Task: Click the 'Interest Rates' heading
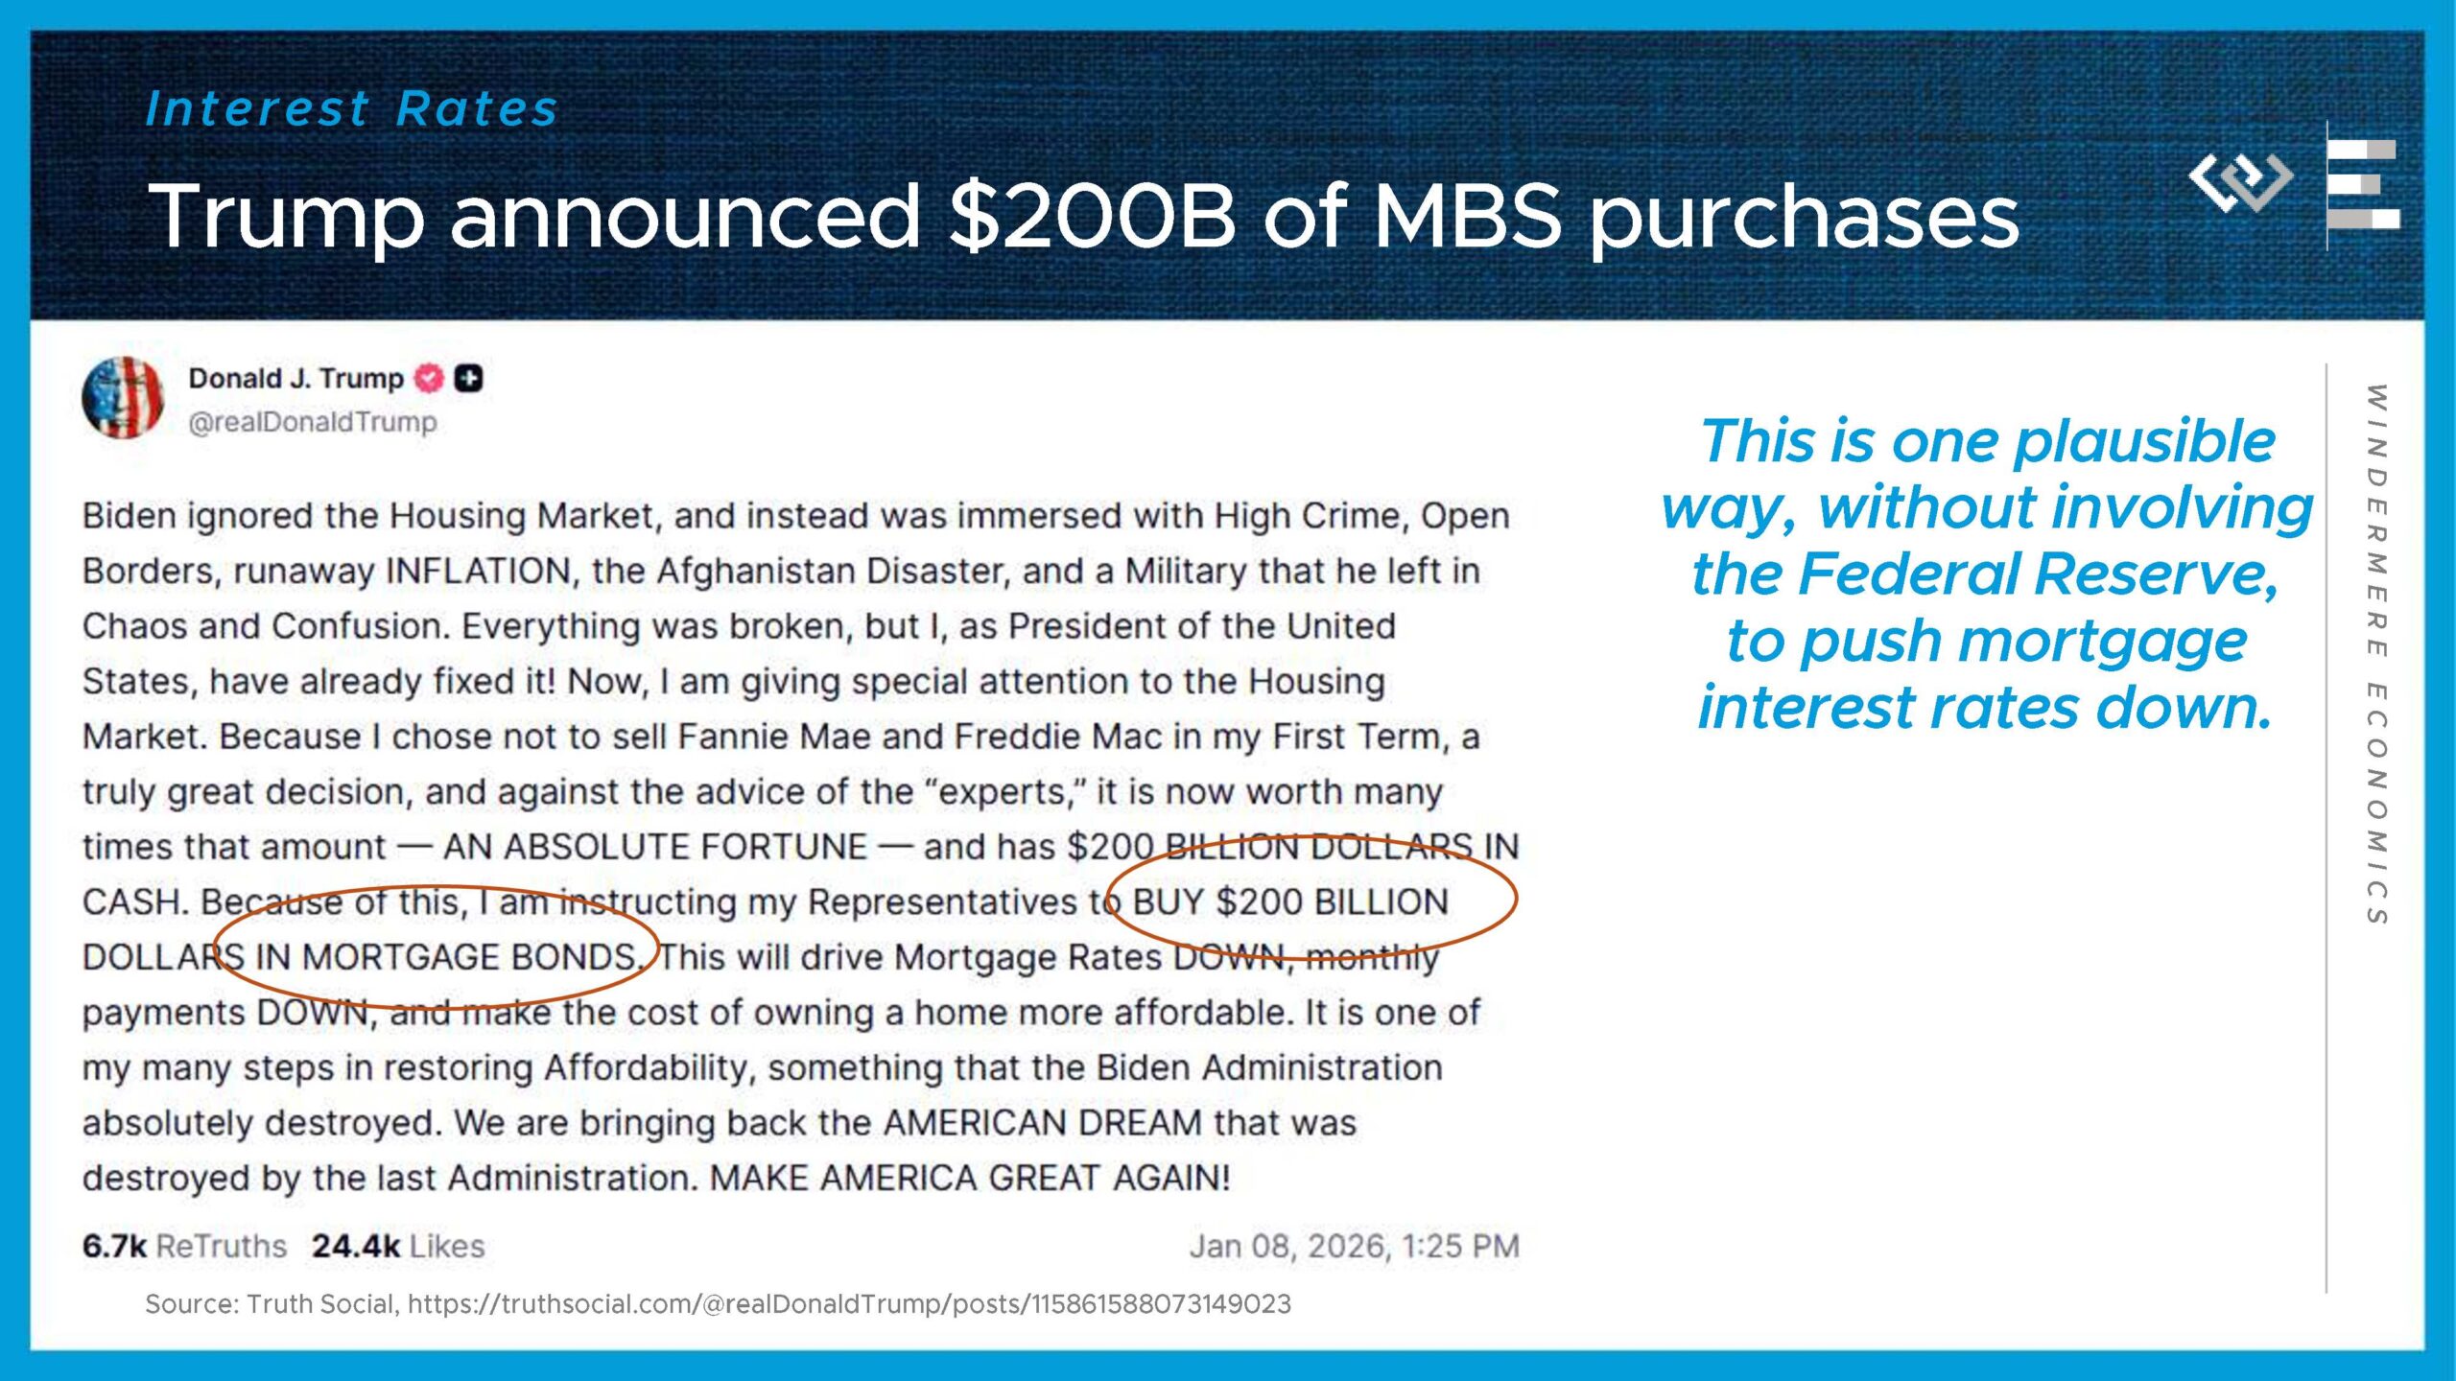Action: pos(352,108)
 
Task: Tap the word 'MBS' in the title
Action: pos(1469,216)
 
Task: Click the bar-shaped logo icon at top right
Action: pos(2363,184)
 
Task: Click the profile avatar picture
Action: pos(124,397)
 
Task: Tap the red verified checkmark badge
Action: pos(428,379)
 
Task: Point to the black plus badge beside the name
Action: pos(468,379)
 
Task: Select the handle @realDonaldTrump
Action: pos(313,422)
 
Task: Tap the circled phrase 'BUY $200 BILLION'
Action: pos(1290,902)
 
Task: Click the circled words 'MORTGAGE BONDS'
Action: pos(470,957)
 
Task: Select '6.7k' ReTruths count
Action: pos(114,1246)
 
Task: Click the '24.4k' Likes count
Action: pos(356,1246)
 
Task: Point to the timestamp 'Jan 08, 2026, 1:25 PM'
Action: pos(1355,1246)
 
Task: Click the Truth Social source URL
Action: pos(849,1304)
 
